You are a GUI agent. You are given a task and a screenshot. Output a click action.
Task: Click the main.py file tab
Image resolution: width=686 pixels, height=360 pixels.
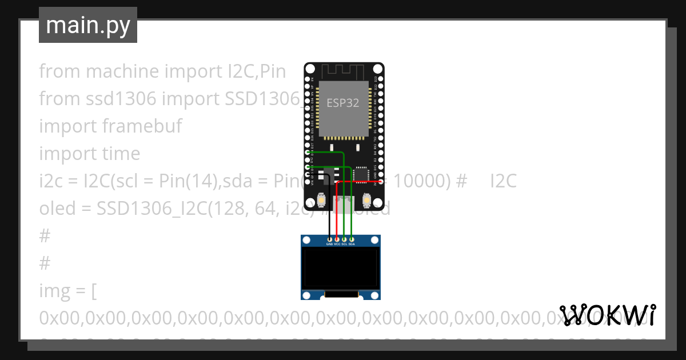[x=88, y=25]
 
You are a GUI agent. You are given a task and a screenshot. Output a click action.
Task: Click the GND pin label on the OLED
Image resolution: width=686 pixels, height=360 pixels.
[x=329, y=244]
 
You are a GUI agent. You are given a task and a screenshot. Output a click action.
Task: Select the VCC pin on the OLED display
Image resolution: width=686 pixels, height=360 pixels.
[x=337, y=238]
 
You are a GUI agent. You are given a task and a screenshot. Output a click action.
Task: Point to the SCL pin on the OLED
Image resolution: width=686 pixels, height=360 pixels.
[x=344, y=238]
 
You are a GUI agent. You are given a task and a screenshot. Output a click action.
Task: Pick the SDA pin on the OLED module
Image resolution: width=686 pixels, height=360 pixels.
[x=352, y=238]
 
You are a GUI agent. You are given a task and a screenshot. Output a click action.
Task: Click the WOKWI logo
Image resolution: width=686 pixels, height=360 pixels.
[x=608, y=315]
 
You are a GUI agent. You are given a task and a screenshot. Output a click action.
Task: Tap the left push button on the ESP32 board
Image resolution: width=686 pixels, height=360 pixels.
[x=321, y=201]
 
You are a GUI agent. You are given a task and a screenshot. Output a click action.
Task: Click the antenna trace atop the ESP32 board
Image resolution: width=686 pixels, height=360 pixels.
[x=344, y=72]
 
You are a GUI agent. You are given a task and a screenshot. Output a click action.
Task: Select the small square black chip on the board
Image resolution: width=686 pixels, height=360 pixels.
[x=361, y=173]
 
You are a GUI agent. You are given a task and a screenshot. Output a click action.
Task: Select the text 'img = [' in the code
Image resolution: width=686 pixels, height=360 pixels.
[x=67, y=291]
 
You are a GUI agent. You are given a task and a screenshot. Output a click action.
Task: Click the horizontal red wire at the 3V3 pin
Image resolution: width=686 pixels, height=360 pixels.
[x=360, y=181]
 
